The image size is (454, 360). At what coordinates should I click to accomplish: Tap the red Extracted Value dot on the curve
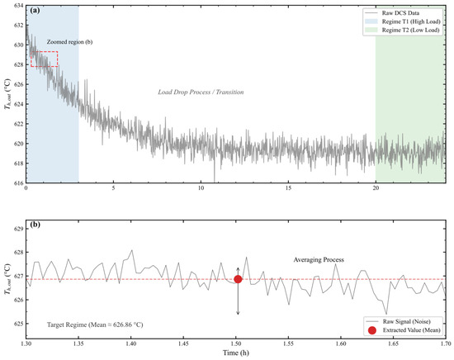(238, 279)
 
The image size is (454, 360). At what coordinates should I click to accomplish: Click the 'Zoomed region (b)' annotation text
(69, 42)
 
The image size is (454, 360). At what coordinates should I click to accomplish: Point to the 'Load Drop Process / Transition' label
(201, 92)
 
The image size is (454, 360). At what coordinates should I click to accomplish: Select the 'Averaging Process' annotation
(319, 260)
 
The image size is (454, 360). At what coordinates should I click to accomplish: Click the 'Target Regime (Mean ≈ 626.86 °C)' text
(95, 324)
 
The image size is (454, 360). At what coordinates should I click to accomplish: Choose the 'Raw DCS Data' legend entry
(400, 13)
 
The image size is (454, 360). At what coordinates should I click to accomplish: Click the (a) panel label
(35, 11)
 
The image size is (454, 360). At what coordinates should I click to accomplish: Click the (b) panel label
(35, 225)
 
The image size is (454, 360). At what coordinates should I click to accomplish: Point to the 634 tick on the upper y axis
(18, 6)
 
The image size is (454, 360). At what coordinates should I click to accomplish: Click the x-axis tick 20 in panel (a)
(376, 188)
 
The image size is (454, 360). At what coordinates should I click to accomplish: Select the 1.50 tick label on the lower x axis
(236, 343)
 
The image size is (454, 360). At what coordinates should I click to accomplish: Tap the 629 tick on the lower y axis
(18, 229)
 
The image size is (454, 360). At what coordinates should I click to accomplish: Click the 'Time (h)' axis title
(236, 353)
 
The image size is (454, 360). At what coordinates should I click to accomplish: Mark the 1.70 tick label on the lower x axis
(446, 343)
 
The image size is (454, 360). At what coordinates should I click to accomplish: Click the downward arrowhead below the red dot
(238, 313)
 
